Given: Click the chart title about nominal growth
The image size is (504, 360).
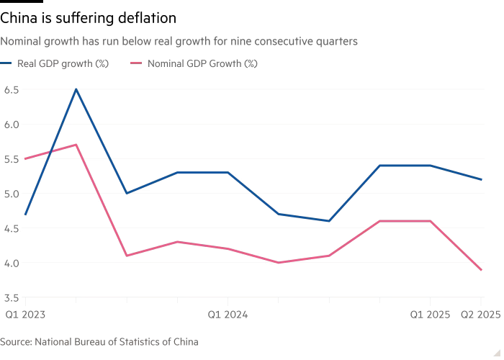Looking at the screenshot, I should (180, 42).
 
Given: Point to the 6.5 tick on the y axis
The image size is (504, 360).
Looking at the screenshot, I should (12, 89).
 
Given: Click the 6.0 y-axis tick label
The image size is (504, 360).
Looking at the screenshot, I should (12, 124).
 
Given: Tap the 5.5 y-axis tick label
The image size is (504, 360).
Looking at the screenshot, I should (12, 158).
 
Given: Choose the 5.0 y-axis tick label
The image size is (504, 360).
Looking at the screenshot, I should (12, 193).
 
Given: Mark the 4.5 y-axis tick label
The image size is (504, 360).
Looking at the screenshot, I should (12, 228).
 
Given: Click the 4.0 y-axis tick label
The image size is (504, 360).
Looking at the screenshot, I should (12, 262).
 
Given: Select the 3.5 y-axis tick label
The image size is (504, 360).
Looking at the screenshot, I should (12, 297).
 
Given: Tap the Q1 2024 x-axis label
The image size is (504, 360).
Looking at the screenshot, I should (228, 314).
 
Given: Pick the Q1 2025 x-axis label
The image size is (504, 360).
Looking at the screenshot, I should (431, 314).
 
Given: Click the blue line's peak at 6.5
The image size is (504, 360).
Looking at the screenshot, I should (76, 89).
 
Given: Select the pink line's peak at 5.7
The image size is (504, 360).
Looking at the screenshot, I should (76, 145).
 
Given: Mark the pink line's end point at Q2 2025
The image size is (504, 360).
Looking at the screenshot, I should (481, 269).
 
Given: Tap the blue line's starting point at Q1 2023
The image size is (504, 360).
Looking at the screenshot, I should (25, 214).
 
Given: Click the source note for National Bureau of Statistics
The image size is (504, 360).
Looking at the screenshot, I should (99, 342).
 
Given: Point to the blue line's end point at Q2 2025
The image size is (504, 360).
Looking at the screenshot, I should (481, 179).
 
